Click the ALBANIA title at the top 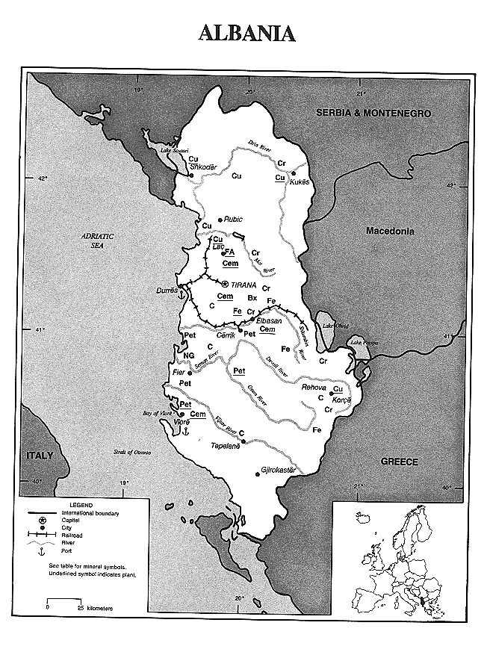(x=246, y=34)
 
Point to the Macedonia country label (x=394, y=231)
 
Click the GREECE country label (x=400, y=462)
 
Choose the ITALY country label (x=40, y=455)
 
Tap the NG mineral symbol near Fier (x=189, y=356)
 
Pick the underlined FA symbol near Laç (x=230, y=252)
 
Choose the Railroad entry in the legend (x=72, y=535)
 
